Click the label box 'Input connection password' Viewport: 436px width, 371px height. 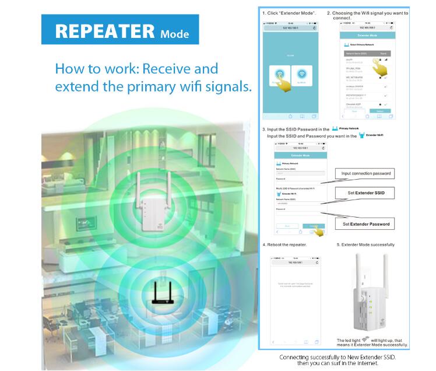[x=366, y=173]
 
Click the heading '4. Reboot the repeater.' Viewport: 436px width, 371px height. [x=284, y=244]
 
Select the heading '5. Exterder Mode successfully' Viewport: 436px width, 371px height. [x=365, y=244]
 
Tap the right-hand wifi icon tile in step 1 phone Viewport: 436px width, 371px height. [x=301, y=75]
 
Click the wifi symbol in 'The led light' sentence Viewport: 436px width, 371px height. [x=366, y=339]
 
